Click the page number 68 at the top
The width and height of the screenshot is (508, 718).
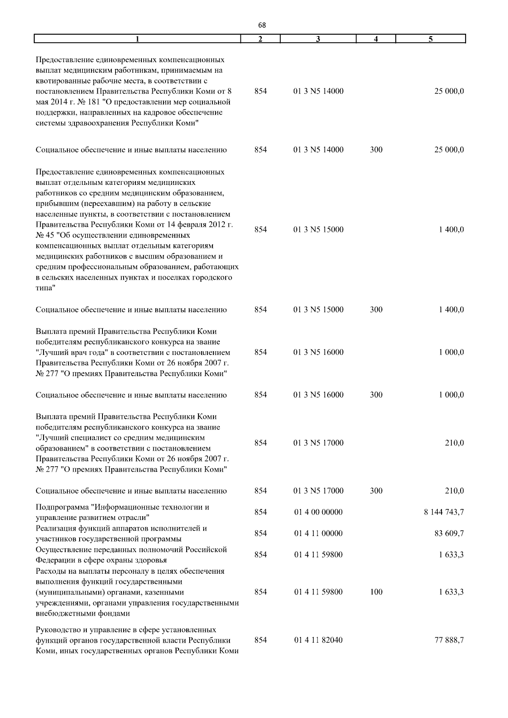[x=262, y=25]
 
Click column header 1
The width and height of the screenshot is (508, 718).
[x=137, y=39]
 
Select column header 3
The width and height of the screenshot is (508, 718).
[x=318, y=39]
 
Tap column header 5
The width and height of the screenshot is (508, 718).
[x=430, y=39]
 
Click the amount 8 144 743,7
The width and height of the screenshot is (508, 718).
[x=444, y=512]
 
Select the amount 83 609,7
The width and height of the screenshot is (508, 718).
[x=449, y=534]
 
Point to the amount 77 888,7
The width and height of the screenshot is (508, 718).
[x=449, y=640]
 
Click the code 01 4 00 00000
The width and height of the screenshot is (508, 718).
[x=318, y=512]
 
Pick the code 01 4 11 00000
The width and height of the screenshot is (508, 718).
[x=318, y=534]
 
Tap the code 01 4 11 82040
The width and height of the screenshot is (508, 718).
[x=318, y=640]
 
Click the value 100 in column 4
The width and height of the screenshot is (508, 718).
[x=376, y=592]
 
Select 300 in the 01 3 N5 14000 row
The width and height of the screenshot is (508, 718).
[x=376, y=150]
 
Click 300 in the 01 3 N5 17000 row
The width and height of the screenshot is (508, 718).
[x=376, y=491]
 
